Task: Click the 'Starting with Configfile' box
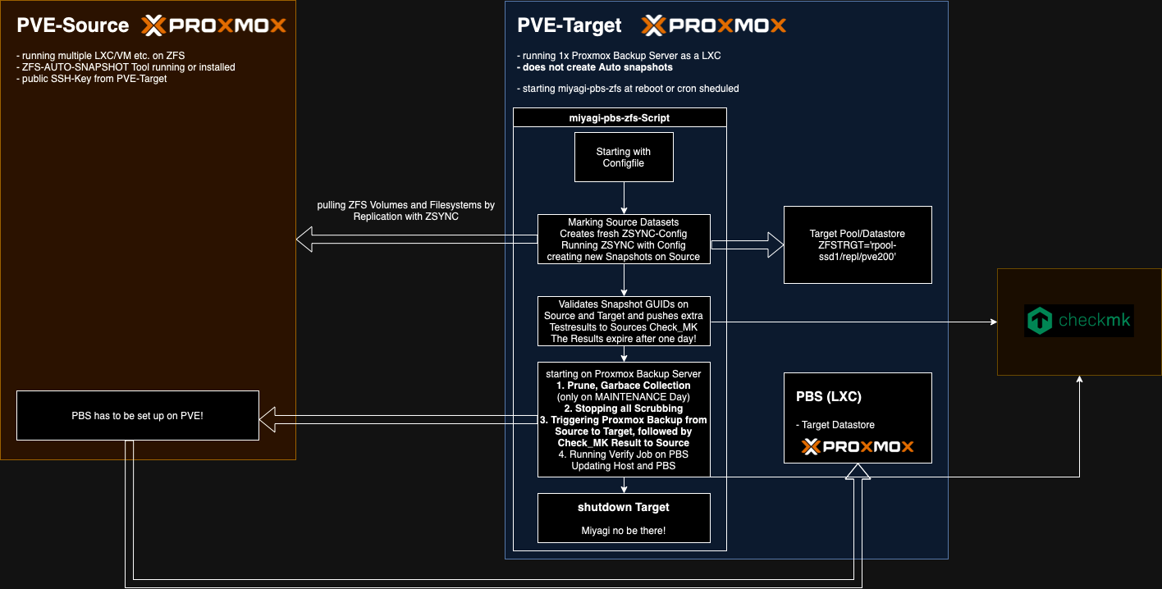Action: click(624, 158)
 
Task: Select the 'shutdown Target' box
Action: click(624, 517)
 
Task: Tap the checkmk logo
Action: click(1079, 321)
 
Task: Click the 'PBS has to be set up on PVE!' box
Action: click(138, 416)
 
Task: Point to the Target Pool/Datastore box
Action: click(858, 244)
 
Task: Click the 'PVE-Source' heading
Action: click(73, 25)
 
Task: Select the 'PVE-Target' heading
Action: click(570, 25)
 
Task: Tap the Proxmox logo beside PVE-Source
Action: click(214, 25)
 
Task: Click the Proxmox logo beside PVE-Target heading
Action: click(714, 25)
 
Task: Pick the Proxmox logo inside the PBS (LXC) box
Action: click(858, 447)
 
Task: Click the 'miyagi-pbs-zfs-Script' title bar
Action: click(620, 118)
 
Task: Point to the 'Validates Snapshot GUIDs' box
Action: click(624, 321)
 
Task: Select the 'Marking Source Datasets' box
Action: click(624, 240)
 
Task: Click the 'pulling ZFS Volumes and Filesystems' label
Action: click(406, 210)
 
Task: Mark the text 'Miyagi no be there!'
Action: click(624, 530)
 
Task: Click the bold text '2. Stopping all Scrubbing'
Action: click(624, 408)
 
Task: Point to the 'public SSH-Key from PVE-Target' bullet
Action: click(92, 79)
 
